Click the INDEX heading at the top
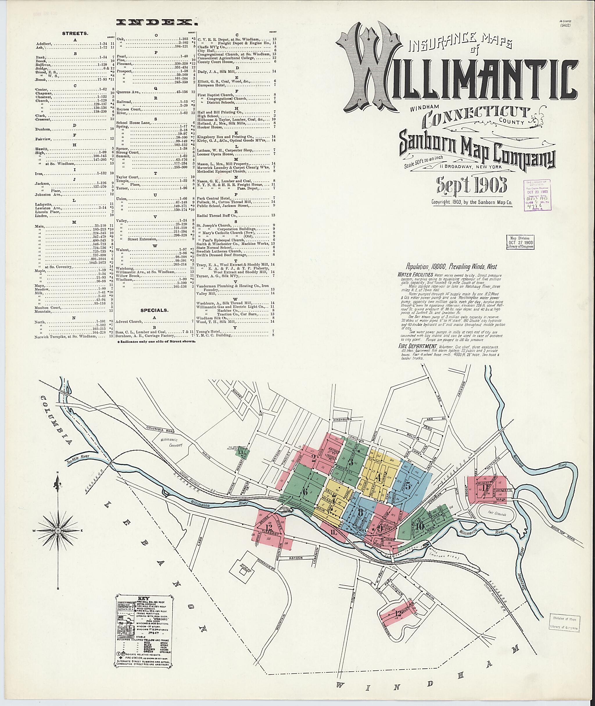pos(156,23)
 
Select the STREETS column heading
pos(75,34)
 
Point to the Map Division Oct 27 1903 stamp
pos(519,242)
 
